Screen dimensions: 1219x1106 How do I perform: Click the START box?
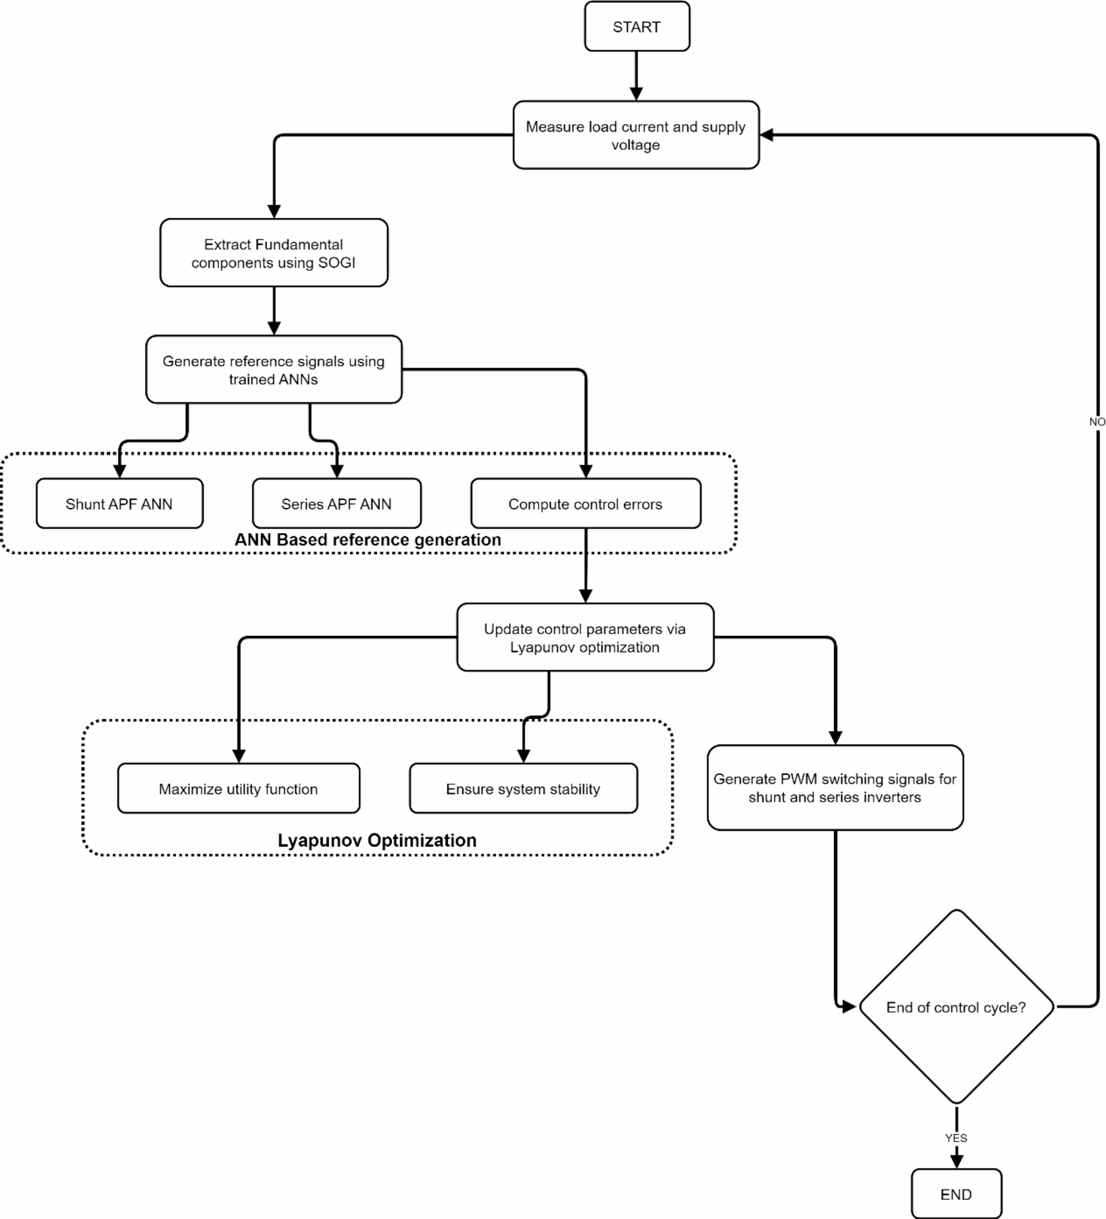(636, 26)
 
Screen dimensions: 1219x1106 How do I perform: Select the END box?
(956, 1194)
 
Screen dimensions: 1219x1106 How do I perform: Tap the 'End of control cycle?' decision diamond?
(956, 1007)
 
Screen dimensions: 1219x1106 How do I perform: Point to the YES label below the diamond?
(956, 1138)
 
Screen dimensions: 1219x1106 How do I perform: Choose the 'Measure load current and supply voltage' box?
(636, 136)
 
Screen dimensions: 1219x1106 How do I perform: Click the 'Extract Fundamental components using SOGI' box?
(273, 253)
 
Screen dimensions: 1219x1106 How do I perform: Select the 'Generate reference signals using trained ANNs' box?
(273, 369)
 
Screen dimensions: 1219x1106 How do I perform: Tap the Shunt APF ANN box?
(119, 504)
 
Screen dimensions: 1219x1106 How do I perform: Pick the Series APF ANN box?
(336, 504)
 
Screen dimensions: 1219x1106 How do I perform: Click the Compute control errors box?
(585, 504)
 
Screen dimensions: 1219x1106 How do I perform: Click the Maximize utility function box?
(238, 789)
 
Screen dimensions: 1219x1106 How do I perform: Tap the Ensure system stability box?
(523, 789)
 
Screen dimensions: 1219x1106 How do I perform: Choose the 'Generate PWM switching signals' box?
(834, 788)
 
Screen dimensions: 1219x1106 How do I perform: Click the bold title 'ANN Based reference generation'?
(367, 540)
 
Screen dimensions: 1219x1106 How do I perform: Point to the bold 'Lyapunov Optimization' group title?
(377, 840)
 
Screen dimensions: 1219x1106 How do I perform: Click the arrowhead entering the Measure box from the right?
(767, 135)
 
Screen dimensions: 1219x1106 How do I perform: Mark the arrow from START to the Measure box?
(636, 75)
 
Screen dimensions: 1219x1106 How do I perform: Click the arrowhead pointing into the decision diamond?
(849, 1007)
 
